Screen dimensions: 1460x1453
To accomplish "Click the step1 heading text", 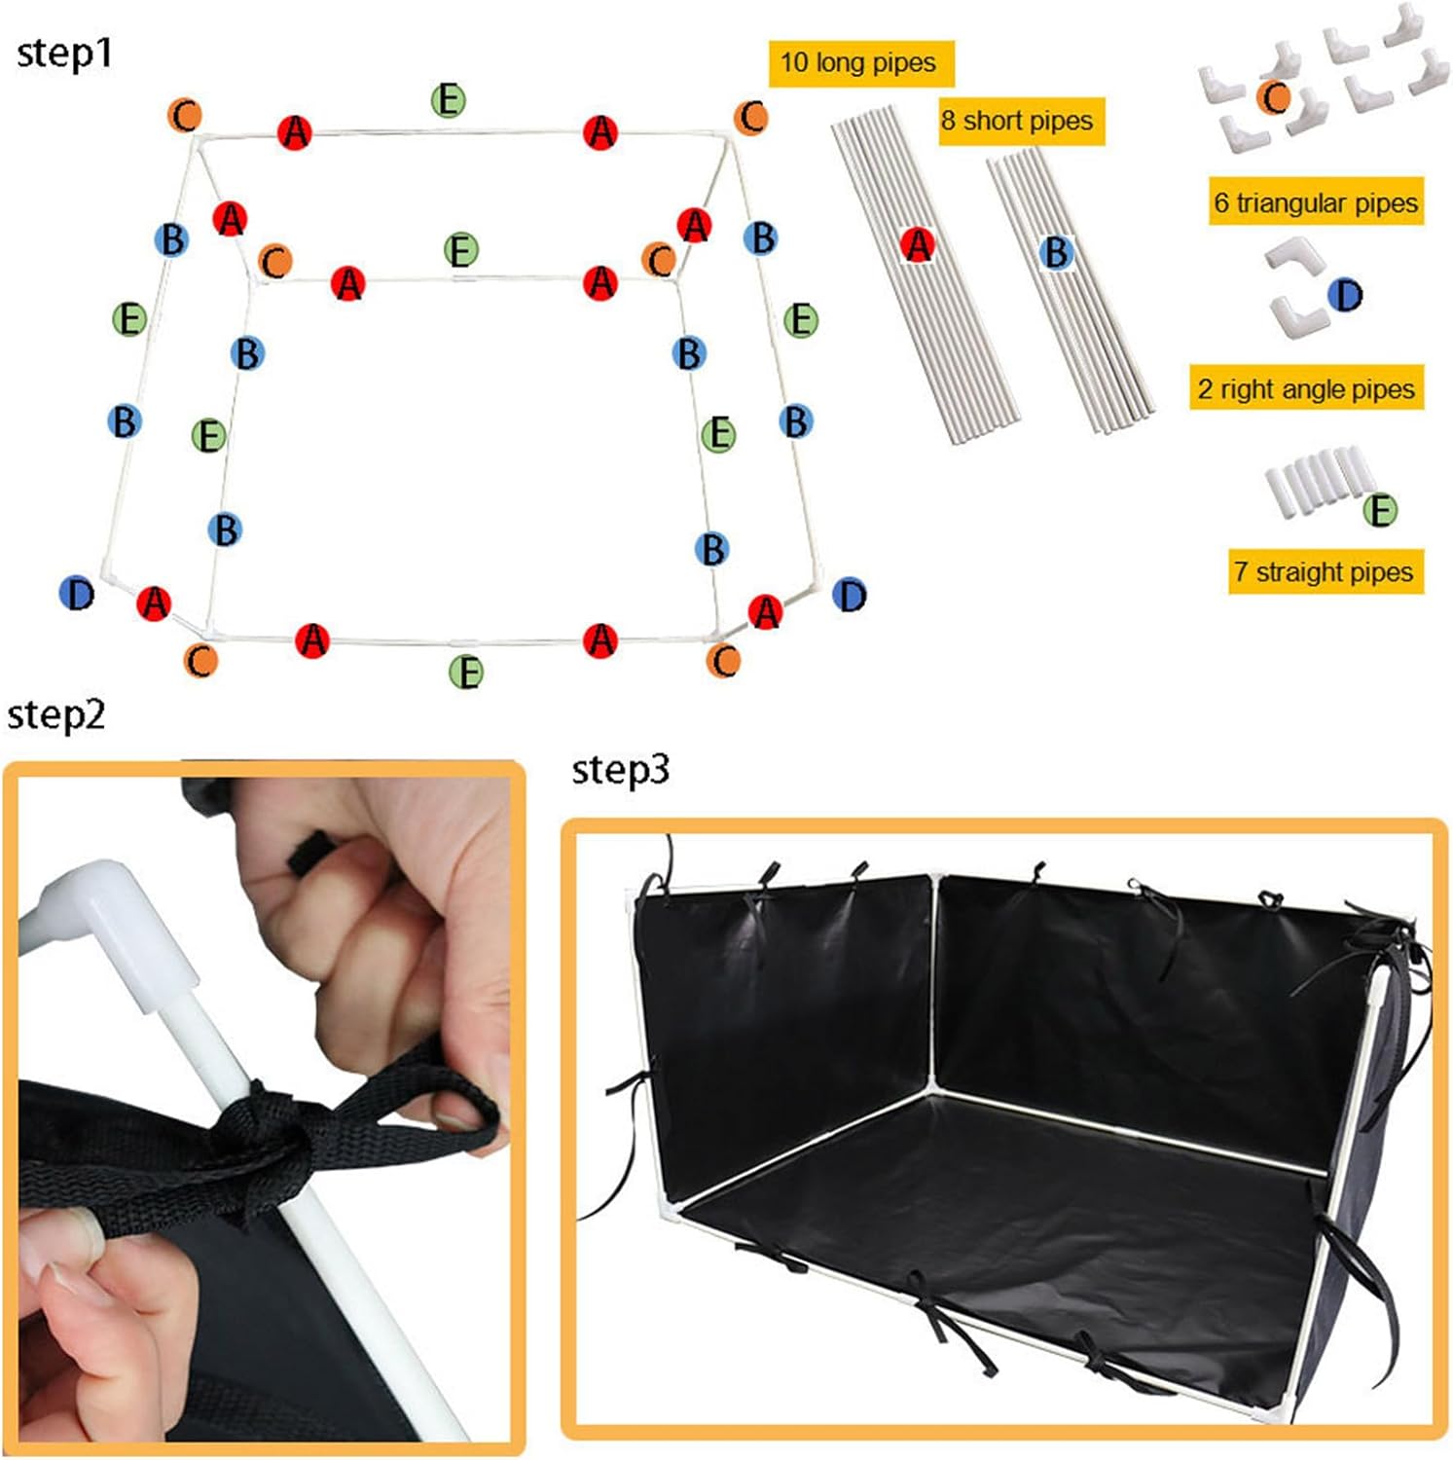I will pyautogui.click(x=64, y=54).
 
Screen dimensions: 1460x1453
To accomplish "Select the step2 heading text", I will pyautogui.click(x=55, y=715).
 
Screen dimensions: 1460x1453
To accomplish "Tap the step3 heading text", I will pyautogui.click(x=620, y=770).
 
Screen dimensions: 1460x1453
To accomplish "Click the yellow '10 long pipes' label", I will pyautogui.click(x=859, y=63).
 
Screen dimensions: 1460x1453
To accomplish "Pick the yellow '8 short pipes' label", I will pyautogui.click(x=1019, y=121).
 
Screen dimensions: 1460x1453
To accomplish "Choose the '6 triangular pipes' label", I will pyautogui.click(x=1315, y=202).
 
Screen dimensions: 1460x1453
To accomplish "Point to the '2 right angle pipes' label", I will pyautogui.click(x=1305, y=388).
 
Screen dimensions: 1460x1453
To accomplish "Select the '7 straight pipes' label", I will pyautogui.click(x=1324, y=571).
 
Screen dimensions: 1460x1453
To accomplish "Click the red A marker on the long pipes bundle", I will pyautogui.click(x=918, y=245).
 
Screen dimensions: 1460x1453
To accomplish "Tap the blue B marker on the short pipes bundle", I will pyautogui.click(x=1056, y=253).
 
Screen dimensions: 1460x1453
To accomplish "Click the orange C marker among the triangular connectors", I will pyautogui.click(x=1273, y=97).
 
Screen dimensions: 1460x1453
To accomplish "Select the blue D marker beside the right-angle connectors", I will pyautogui.click(x=1346, y=294).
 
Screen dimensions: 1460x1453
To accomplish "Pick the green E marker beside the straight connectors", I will pyautogui.click(x=1379, y=509).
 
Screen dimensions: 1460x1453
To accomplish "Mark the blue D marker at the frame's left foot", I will pyautogui.click(x=77, y=593).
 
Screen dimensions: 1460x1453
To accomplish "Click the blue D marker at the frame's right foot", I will pyautogui.click(x=850, y=594).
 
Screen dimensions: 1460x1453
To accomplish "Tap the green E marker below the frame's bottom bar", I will pyautogui.click(x=466, y=672).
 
